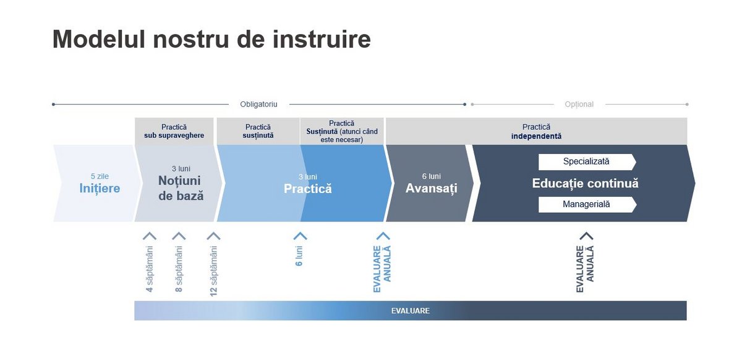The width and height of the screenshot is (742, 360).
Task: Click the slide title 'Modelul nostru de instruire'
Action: coord(211,40)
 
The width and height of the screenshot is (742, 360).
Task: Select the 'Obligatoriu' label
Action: coord(258,105)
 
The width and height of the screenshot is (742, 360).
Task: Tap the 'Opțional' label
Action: coord(579,105)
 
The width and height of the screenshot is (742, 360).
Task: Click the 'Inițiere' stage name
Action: coord(100,189)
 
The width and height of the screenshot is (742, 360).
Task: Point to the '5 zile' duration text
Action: coord(100,176)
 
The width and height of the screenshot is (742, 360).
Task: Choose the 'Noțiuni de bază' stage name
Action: coord(181,188)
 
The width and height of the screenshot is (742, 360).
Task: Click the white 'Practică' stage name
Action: coord(308,189)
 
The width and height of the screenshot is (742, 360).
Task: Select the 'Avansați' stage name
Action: coord(432,188)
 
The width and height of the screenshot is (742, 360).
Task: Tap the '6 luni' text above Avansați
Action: coord(432,176)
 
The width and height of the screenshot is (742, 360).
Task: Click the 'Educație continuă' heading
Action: coord(586,183)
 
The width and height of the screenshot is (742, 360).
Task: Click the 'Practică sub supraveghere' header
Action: coord(174,131)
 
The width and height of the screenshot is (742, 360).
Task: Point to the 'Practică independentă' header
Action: coord(536,132)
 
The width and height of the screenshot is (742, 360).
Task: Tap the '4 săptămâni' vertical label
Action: coord(150,269)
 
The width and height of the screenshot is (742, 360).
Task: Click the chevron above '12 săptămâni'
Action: coord(213,236)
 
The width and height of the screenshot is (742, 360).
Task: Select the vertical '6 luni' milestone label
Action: coord(299,256)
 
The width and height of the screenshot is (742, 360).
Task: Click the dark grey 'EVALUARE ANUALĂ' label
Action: coord(585,269)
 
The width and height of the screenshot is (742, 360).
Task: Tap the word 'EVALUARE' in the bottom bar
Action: coord(411,311)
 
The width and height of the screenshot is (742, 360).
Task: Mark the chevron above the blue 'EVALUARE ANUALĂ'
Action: coord(383,236)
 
